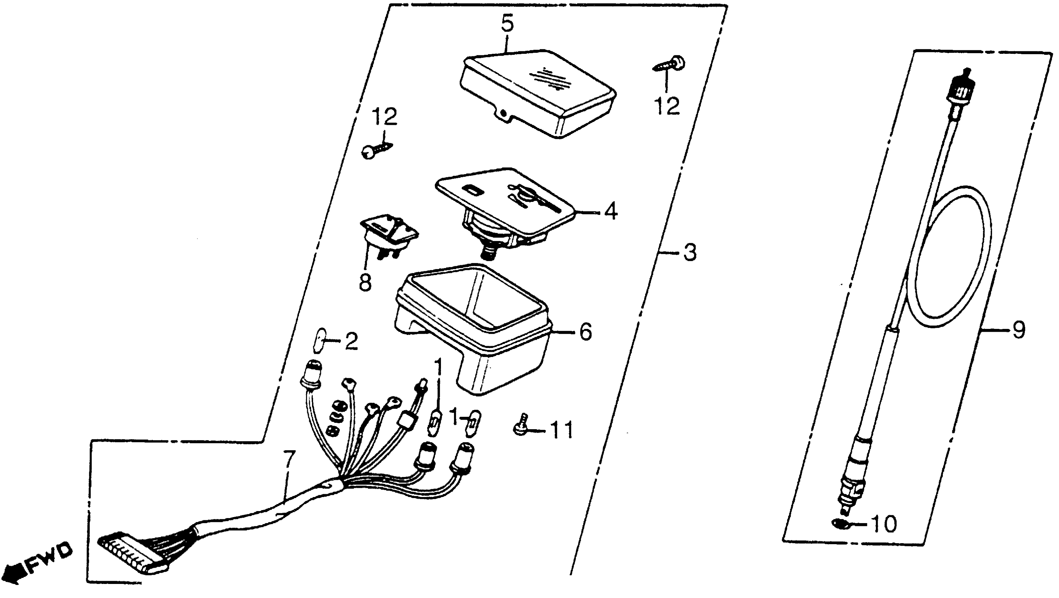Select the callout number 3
[x=690, y=252]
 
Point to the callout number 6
[x=585, y=331]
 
